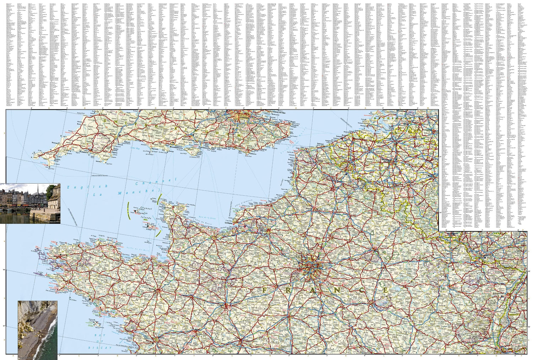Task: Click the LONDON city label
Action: [244, 117]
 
